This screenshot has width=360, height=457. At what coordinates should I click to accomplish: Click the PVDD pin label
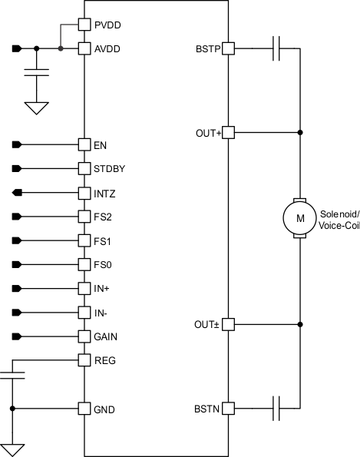pos(107,25)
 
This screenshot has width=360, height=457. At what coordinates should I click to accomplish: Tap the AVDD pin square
pos(84,49)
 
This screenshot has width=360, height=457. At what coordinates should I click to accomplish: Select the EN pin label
pos(100,144)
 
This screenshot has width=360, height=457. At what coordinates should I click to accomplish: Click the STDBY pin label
pos(109,168)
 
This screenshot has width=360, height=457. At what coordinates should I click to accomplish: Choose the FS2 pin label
pos(103,217)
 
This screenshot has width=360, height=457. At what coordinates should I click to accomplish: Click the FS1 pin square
pos(84,240)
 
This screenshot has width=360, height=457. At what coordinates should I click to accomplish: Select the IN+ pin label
pos(103,289)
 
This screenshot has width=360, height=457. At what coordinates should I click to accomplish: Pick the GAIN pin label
pos(106,337)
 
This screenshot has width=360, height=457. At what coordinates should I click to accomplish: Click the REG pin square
pos(84,360)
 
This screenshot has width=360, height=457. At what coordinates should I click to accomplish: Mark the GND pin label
pos(104,409)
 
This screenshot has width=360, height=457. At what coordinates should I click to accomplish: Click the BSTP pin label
pos(208,50)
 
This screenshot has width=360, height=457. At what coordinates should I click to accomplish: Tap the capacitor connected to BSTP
pos(278,50)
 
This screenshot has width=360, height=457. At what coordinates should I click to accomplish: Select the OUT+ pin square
pos(228,133)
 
